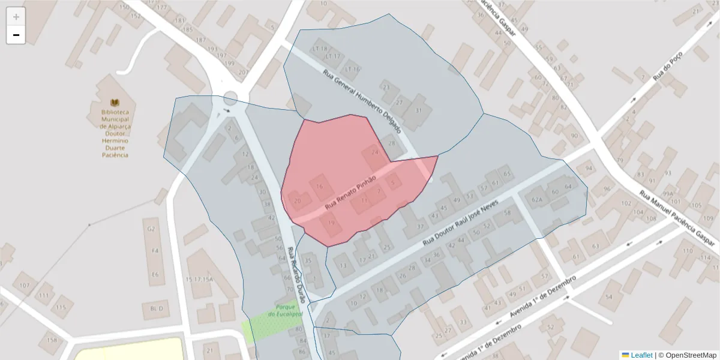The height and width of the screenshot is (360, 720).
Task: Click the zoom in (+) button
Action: [x=16, y=17]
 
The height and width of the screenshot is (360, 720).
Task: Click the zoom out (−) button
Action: [x=16, y=35]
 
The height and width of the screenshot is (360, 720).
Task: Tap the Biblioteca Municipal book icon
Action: [x=115, y=103]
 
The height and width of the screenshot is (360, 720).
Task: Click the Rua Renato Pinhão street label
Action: [x=350, y=192]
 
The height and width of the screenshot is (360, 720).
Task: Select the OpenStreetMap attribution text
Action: [x=690, y=355]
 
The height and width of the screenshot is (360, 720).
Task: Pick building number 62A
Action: [x=536, y=199]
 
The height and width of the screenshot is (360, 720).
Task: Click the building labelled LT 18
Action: [x=320, y=49]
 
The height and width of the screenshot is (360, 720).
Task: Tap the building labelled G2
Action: [x=151, y=229]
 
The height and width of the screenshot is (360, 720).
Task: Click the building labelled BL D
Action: [x=157, y=308]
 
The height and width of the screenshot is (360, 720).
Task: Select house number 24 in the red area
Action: [x=375, y=152]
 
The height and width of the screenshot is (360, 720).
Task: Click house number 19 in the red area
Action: [x=331, y=223]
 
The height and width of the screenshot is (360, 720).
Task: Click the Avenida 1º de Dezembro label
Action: [x=542, y=298]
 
